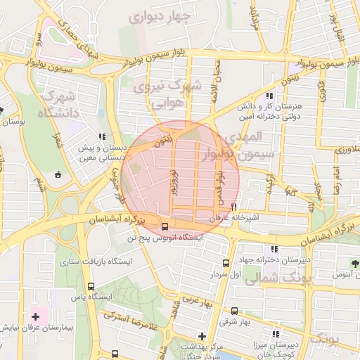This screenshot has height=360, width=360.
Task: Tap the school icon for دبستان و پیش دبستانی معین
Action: (x=102, y=136)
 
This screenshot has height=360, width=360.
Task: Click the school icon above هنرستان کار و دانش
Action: (x=269, y=96)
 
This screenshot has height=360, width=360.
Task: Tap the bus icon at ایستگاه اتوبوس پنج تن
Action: (x=165, y=226)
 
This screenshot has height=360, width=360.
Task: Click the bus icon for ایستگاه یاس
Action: (x=91, y=287)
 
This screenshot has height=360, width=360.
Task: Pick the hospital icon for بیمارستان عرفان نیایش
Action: (x=35, y=318)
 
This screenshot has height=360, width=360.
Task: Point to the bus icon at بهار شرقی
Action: (x=234, y=311)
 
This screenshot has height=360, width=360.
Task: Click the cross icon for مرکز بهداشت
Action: (x=202, y=336)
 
